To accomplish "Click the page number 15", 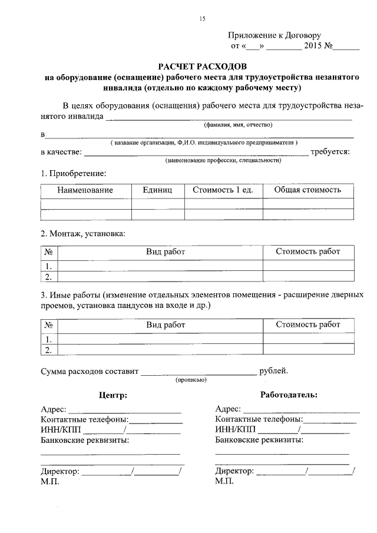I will [202, 19].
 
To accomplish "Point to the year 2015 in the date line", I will [313, 45].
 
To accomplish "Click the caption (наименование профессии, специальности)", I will [223, 160].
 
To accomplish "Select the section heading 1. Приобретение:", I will [73, 174].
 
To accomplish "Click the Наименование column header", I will [85, 190].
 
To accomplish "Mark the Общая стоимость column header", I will [307, 190].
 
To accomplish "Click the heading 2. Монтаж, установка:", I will [82, 233].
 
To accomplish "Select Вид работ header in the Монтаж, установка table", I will [166, 251].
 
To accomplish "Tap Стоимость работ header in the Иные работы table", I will [307, 325].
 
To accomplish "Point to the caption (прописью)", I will [190, 380].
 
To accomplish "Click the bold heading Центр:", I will [113, 395].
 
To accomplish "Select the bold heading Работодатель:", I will [289, 395].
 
